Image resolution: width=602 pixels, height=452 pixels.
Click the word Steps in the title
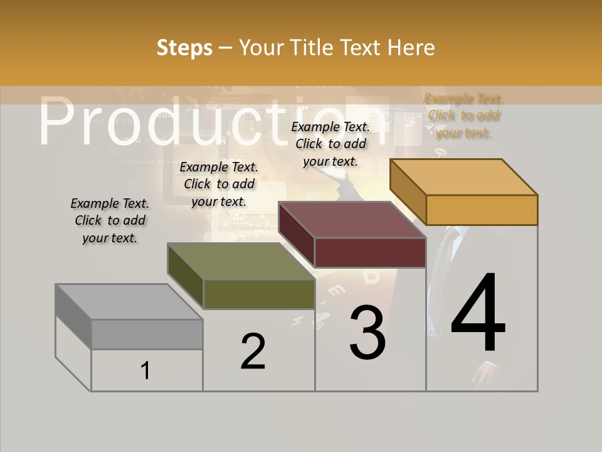[184, 48]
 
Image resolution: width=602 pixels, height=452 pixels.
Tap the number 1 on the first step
[145, 370]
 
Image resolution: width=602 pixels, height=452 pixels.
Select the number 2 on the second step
[253, 352]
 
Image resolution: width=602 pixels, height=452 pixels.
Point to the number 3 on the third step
[367, 333]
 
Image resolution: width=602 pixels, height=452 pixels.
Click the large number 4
[478, 314]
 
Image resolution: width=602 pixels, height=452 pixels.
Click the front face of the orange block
[482, 210]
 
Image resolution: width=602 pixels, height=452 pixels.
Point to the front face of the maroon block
[370, 252]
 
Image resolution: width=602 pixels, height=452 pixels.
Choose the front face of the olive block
[259, 294]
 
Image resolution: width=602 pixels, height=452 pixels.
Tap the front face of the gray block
[147, 334]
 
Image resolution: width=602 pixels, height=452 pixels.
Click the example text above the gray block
[110, 220]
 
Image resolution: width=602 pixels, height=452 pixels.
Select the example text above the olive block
[219, 184]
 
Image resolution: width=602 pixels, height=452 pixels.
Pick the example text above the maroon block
[330, 144]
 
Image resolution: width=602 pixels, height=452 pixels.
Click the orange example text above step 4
[464, 116]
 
